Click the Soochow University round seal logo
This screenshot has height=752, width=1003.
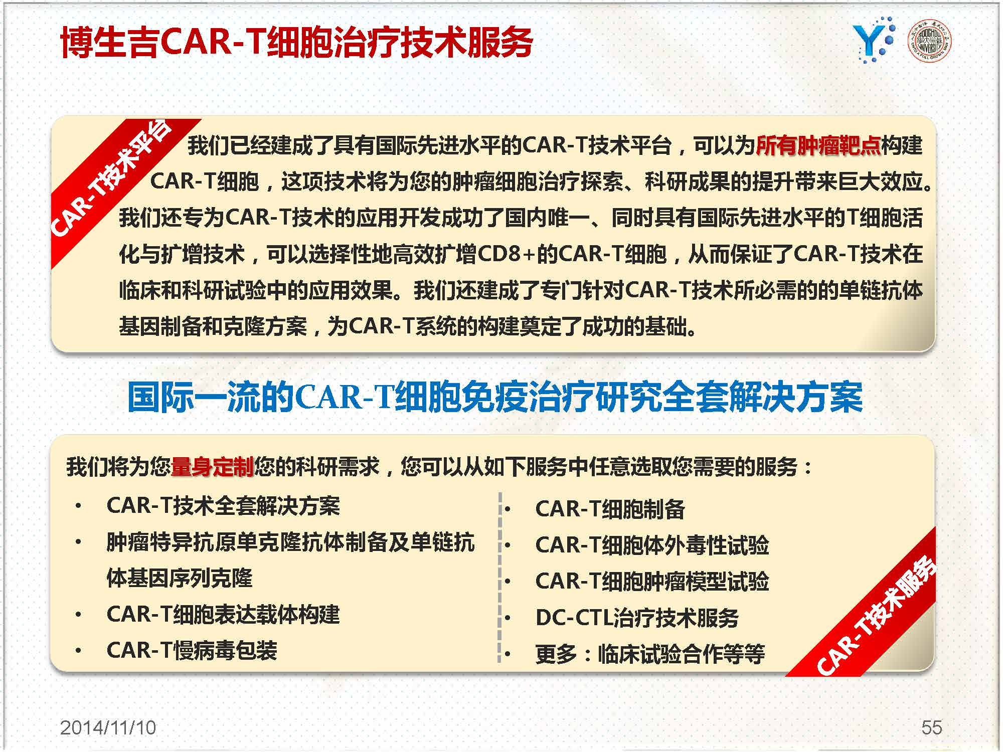930,41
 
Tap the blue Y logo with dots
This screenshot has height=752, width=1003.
874,40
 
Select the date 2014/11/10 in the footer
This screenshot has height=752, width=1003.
108,728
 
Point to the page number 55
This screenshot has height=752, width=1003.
931,728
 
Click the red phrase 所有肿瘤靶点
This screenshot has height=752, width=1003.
817,145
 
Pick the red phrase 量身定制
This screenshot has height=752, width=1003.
212,467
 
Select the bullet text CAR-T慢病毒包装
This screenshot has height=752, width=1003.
192,651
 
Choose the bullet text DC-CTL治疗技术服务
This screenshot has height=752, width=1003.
637,618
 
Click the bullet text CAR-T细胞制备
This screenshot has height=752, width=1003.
610,509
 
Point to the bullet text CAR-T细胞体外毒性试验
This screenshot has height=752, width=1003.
652,545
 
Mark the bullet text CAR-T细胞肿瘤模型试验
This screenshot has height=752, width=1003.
652,582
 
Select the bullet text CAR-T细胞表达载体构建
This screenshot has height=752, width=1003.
223,615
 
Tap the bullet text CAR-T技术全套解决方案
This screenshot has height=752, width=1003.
223,506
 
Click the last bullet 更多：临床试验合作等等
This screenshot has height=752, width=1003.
650,654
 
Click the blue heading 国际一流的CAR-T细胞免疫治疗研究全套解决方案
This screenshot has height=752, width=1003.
495,397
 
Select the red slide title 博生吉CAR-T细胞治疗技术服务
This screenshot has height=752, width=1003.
296,42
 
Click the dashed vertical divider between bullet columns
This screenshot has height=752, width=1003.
500,577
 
